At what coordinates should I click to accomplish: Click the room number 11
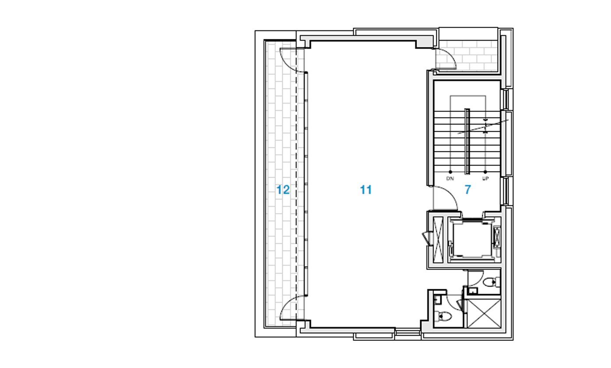click(x=366, y=190)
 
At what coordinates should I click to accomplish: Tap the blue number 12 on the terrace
click(x=283, y=190)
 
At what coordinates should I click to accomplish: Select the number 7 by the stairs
click(x=467, y=190)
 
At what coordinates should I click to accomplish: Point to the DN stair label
click(x=450, y=179)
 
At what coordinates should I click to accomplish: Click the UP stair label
click(x=485, y=179)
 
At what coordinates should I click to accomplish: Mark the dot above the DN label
click(x=450, y=172)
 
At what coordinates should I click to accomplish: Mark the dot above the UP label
click(x=485, y=172)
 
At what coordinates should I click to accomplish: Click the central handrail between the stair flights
click(x=467, y=141)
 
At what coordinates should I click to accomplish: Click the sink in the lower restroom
click(x=437, y=299)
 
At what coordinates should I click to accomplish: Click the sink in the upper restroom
click(x=472, y=290)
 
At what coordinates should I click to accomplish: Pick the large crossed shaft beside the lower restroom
click(x=484, y=313)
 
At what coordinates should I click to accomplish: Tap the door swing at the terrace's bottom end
click(x=288, y=308)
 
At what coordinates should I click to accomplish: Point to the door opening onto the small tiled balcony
click(x=446, y=60)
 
